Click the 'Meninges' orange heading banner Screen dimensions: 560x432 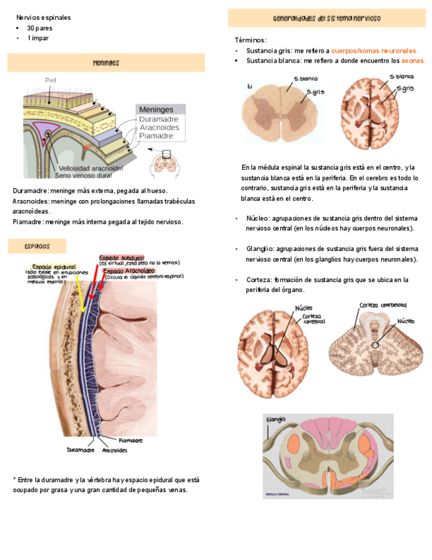tap(106, 63)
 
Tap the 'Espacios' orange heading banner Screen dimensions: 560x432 tap(37, 246)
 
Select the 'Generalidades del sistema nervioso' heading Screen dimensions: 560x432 tap(326, 18)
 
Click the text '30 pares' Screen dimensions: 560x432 tap(40, 28)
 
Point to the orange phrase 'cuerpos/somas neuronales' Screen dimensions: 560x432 tap(374, 51)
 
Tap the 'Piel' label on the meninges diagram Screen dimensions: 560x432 tap(51, 81)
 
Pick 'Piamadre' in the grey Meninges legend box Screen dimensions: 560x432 tap(156, 135)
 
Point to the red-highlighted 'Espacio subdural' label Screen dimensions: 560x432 tap(121, 258)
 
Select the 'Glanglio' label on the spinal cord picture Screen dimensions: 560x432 tap(276, 420)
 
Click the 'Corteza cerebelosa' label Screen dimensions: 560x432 tap(383, 305)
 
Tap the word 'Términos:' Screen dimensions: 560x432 tap(251, 40)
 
